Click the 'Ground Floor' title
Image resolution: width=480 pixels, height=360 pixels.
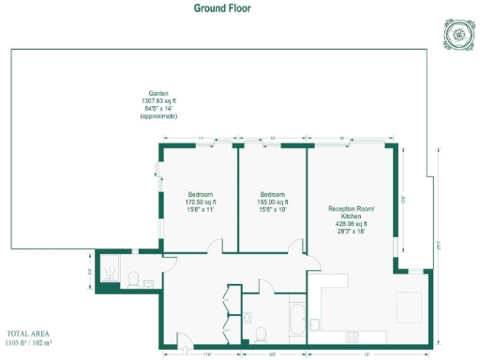(222, 8)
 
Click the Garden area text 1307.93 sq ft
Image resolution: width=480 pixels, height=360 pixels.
(158, 100)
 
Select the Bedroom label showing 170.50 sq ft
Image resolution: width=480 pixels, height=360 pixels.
(200, 202)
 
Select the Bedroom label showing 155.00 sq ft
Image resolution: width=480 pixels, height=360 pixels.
(273, 202)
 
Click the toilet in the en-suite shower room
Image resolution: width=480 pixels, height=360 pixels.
(133, 278)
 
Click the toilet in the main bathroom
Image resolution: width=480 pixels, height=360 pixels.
(261, 334)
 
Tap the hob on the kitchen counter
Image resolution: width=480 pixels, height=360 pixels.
(354, 335)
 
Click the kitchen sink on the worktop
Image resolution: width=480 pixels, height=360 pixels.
(316, 325)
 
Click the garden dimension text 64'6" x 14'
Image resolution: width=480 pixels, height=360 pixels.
(158, 108)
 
